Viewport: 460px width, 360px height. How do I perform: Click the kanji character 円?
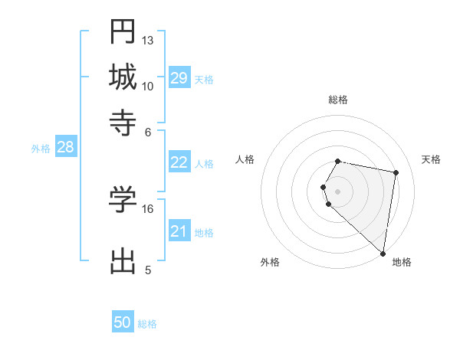[123, 31]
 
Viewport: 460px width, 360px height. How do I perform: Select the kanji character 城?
[123, 77]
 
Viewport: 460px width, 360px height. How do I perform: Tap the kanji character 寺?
[123, 123]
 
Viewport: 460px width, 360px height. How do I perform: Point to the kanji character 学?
[123, 200]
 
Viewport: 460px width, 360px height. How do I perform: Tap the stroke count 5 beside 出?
[148, 270]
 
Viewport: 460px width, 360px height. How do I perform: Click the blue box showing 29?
[179, 78]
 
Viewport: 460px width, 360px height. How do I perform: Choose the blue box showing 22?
[179, 162]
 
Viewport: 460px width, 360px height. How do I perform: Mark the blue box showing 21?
[179, 231]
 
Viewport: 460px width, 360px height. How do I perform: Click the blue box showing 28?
[65, 147]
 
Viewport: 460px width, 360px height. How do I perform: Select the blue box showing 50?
[123, 322]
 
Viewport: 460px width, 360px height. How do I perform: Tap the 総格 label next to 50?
[147, 324]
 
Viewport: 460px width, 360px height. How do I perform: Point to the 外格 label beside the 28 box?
[41, 149]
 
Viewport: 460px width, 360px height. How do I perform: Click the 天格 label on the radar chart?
[431, 159]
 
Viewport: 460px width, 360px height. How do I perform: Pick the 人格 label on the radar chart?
[245, 159]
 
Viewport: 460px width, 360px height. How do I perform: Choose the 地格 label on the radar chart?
[402, 262]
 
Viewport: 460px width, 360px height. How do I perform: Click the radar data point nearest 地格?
[383, 254]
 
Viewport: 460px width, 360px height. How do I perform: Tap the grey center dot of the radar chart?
[338, 191]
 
